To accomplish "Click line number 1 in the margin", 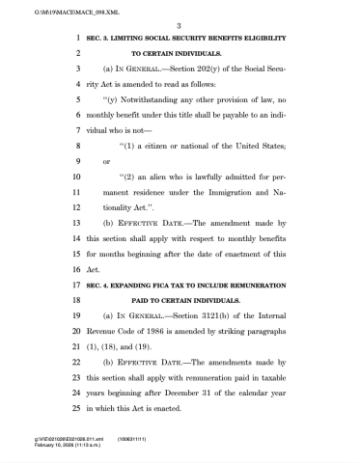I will pyautogui.click(x=76, y=37).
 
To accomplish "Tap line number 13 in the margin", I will pyautogui.click(x=74, y=221).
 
